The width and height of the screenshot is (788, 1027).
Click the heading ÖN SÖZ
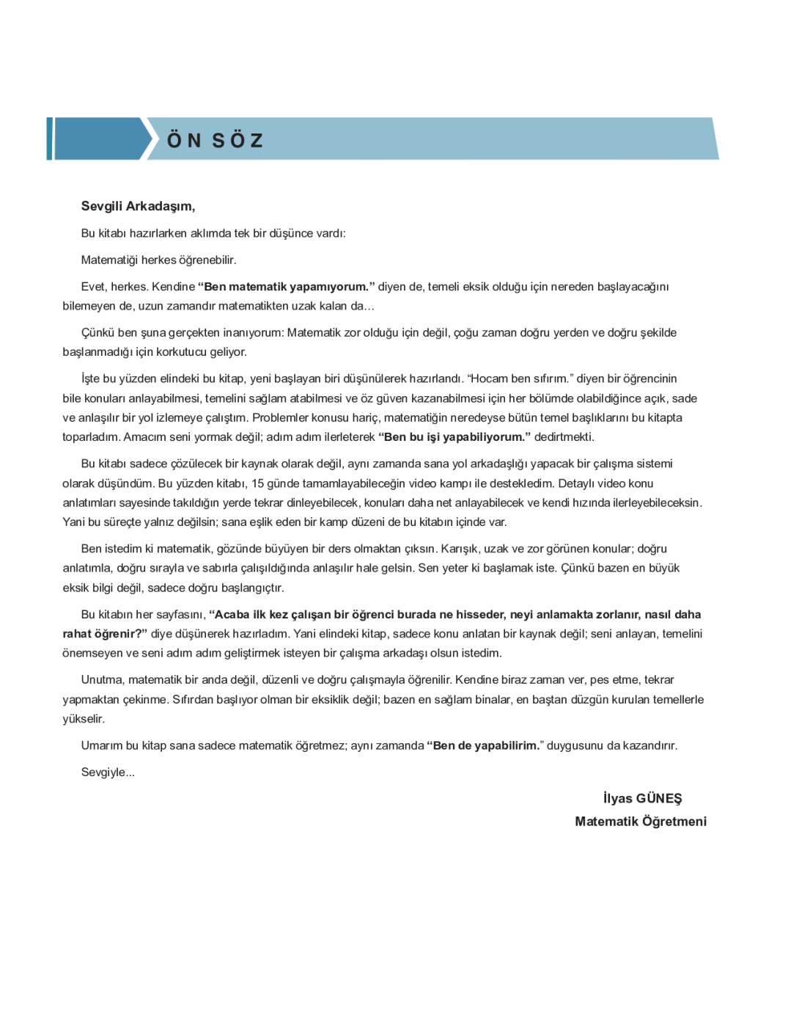215,140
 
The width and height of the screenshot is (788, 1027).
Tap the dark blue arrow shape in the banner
99,139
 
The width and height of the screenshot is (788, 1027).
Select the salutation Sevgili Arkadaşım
138,206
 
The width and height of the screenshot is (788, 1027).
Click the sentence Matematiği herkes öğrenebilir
158,260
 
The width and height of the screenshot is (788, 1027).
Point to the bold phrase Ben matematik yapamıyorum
286,287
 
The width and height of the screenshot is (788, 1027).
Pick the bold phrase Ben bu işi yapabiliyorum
454,437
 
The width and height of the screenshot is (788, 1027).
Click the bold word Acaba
232,615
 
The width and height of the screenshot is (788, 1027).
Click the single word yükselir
84,719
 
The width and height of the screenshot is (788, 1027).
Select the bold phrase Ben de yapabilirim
485,746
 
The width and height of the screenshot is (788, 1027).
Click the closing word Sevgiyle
107,772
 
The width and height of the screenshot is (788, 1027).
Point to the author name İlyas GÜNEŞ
642,799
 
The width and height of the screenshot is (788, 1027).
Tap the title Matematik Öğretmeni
641,822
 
